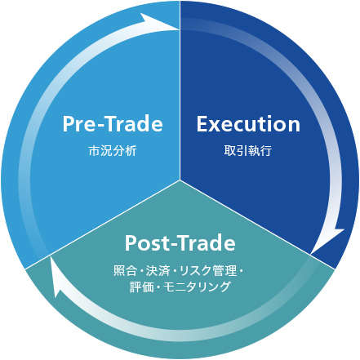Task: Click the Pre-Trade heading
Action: pyautogui.click(x=113, y=124)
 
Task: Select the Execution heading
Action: pyautogui.click(x=248, y=124)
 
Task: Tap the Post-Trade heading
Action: pyautogui.click(x=180, y=242)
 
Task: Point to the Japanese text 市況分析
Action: pyautogui.click(x=113, y=151)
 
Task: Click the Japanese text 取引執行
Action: pyautogui.click(x=248, y=151)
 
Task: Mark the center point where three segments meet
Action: pyautogui.click(x=180, y=180)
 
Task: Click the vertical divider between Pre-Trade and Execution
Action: pyautogui.click(x=180, y=90)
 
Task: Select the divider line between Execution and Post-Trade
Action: pyautogui.click(x=257, y=224)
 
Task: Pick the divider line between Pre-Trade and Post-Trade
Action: pyautogui.click(x=102, y=224)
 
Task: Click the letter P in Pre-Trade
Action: pyautogui.click(x=68, y=124)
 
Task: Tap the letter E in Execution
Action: pyautogui.click(x=202, y=124)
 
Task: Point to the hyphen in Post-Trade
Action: pyautogui.click(x=172, y=245)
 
